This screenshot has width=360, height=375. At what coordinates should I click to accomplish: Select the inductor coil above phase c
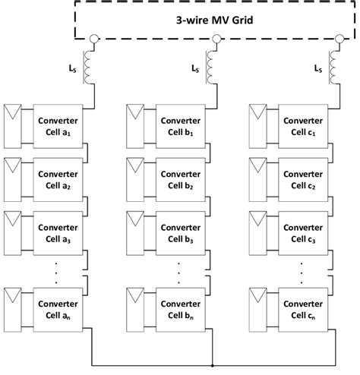point(335,65)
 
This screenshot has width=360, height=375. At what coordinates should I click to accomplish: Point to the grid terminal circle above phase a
point(93,39)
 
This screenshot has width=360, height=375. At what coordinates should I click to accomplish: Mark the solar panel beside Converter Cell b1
point(137,126)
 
